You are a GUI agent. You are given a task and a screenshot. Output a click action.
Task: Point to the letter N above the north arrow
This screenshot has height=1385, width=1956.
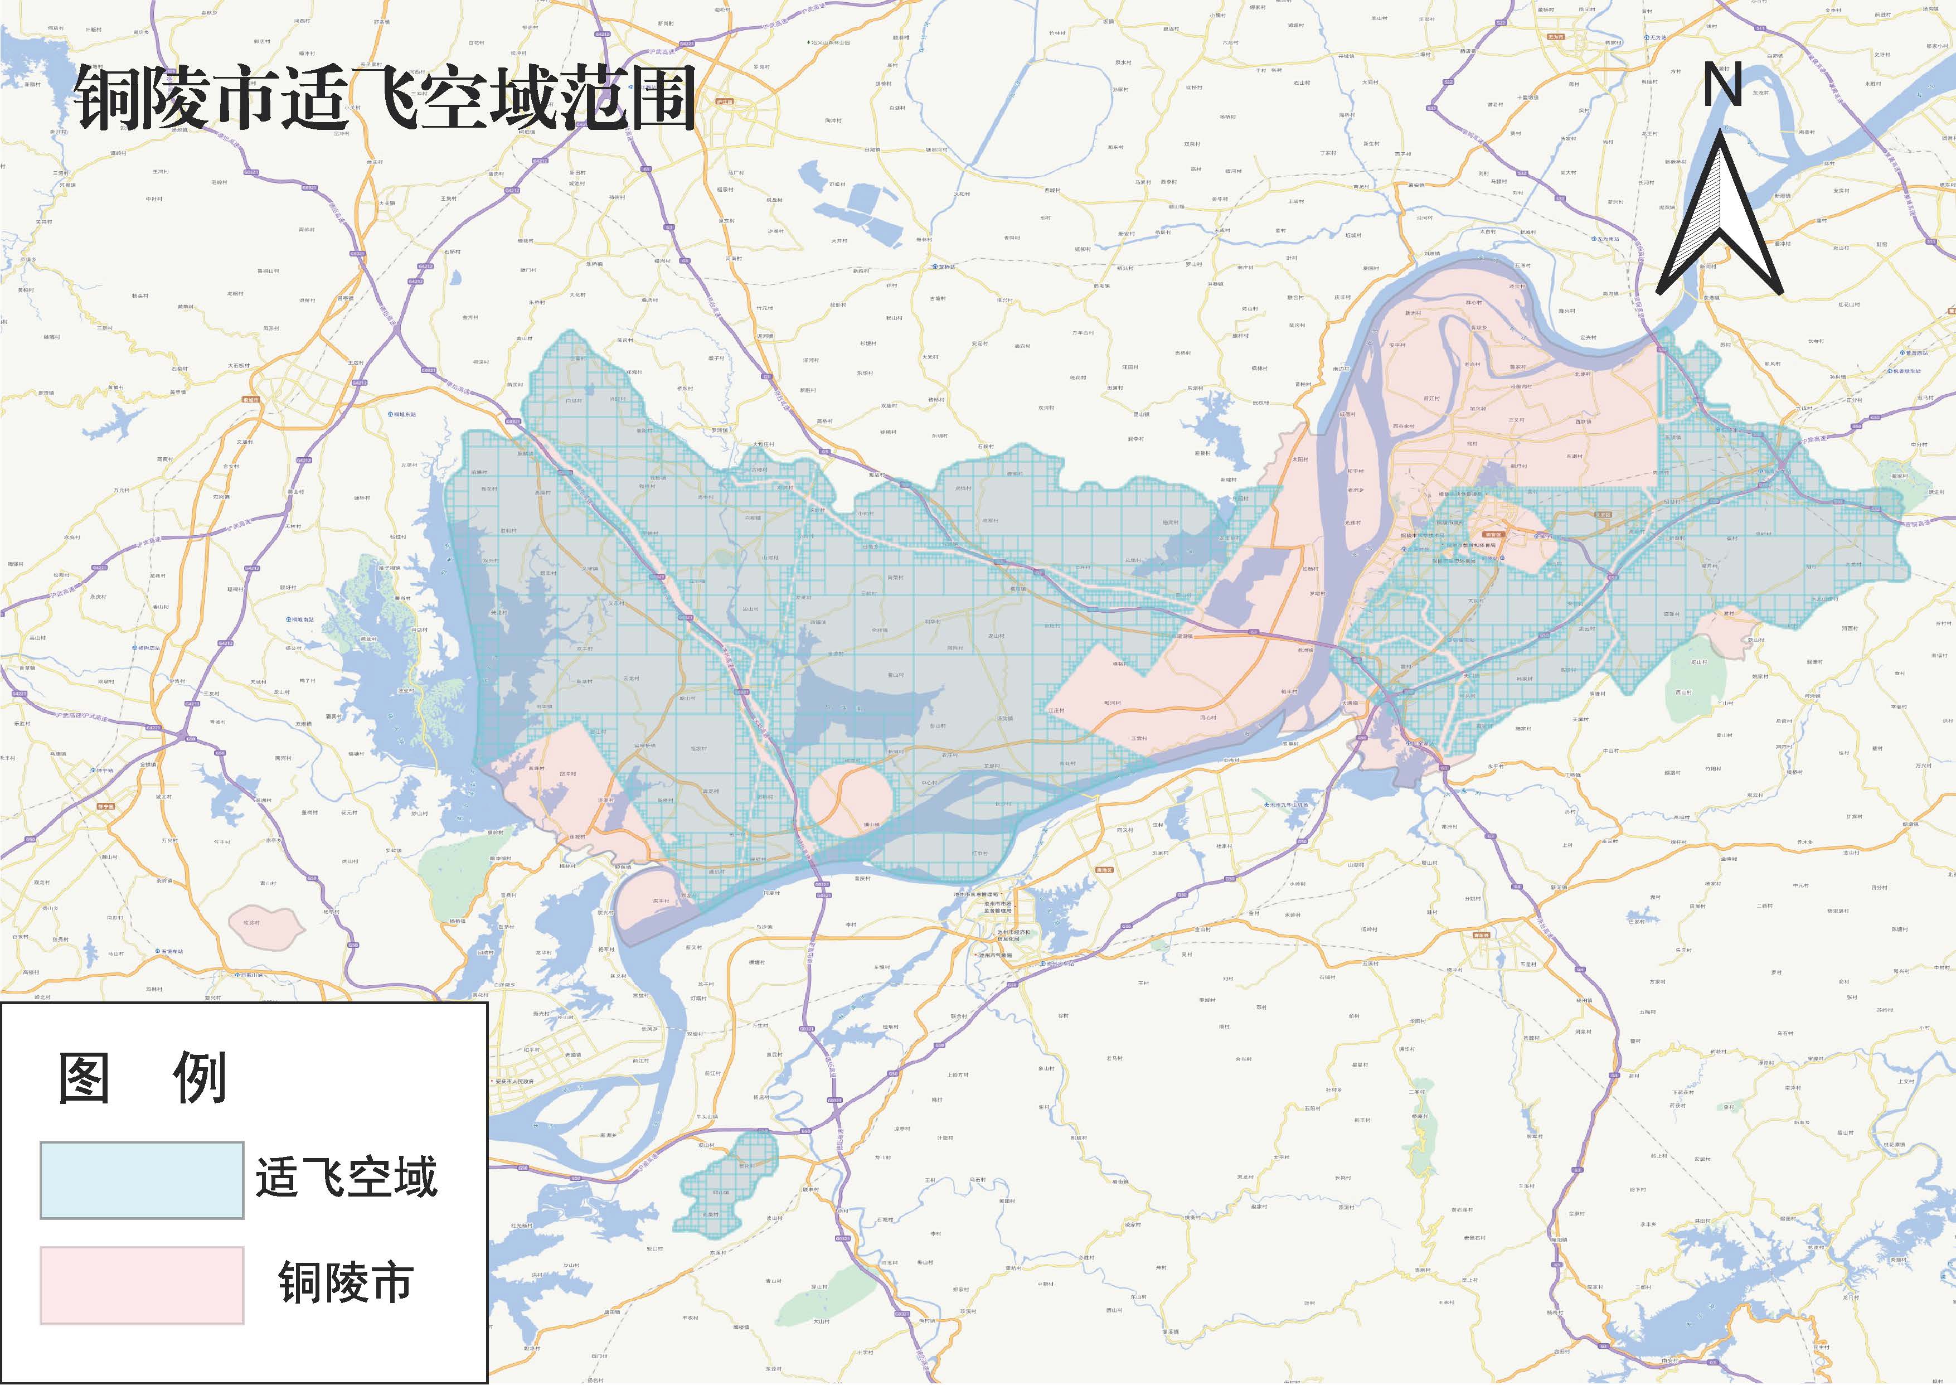(1722, 85)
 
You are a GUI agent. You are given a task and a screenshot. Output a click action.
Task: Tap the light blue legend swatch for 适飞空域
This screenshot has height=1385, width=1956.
(142, 1180)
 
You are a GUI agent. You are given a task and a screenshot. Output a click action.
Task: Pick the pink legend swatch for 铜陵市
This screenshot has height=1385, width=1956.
(142, 1285)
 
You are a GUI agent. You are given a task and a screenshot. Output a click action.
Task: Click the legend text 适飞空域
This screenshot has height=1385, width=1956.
(346, 1178)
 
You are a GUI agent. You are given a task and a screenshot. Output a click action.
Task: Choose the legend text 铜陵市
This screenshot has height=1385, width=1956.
(346, 1282)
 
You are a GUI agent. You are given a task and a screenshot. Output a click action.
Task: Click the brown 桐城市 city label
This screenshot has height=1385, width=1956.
(251, 398)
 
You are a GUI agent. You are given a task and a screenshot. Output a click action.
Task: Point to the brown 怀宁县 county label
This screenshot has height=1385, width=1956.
(106, 806)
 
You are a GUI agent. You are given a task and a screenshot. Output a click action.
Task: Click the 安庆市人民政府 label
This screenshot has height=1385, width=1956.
(513, 1081)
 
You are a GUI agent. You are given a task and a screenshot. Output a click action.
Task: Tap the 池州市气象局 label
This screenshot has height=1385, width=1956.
(993, 955)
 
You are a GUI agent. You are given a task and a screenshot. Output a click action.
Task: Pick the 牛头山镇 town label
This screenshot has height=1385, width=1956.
(707, 1116)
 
